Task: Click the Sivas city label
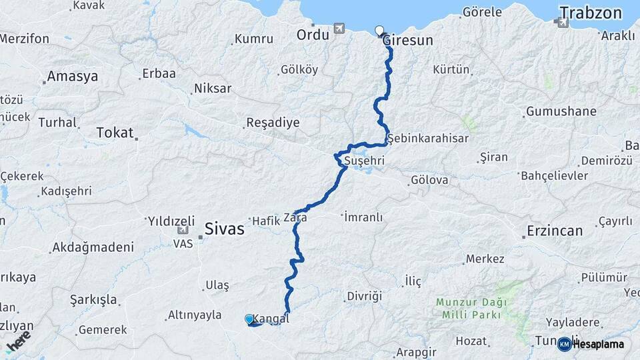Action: click(224, 229)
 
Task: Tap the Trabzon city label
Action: click(590, 13)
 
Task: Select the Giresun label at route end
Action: click(408, 41)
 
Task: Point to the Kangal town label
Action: click(271, 319)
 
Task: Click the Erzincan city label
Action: click(555, 231)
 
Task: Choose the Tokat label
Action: click(115, 132)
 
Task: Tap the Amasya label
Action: click(73, 76)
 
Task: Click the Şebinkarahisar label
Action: click(427, 138)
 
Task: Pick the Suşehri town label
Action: click(364, 161)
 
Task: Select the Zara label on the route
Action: click(295, 217)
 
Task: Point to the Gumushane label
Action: click(561, 111)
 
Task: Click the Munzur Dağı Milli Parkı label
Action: click(471, 308)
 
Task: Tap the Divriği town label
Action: click(364, 295)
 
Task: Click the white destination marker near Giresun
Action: click(379, 31)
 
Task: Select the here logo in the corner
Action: click(18, 341)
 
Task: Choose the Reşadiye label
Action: click(273, 123)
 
